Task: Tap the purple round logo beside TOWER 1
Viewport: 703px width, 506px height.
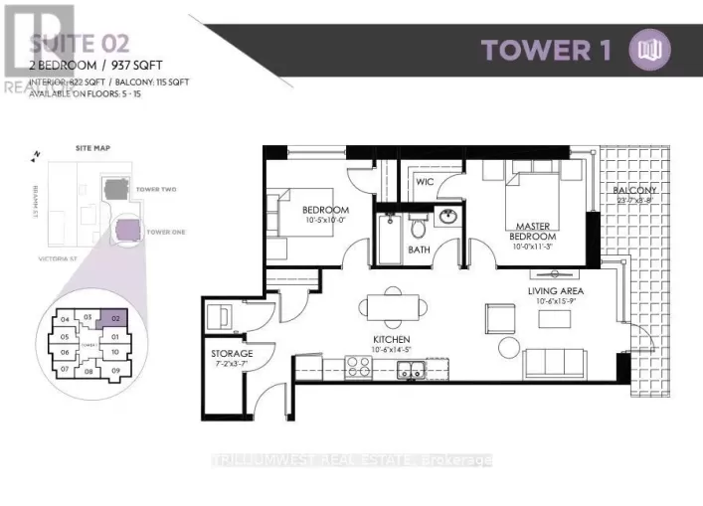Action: [x=651, y=49]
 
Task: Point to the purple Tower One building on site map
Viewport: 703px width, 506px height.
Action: [x=128, y=232]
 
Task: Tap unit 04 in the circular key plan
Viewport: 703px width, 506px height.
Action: [x=66, y=320]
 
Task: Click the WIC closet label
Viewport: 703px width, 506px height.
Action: [x=423, y=182]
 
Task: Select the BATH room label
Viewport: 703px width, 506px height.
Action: [x=420, y=250]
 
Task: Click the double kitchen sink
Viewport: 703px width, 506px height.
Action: [x=409, y=372]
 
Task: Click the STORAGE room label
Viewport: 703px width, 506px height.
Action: [x=232, y=354]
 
